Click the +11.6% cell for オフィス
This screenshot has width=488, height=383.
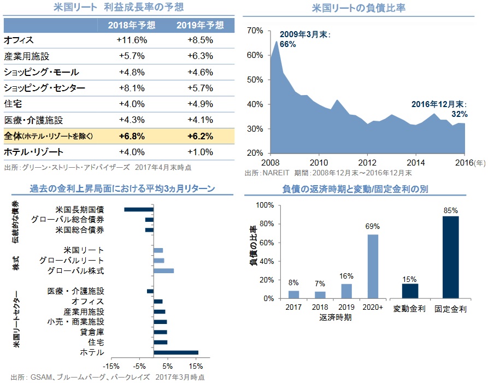tap(132, 40)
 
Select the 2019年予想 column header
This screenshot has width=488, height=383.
tap(200, 25)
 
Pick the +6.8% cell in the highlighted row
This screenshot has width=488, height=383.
tap(132, 135)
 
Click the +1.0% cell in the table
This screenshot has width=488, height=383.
tap(200, 152)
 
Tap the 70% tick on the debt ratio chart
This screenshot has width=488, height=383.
tap(255, 31)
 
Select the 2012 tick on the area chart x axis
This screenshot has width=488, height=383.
tap(368, 162)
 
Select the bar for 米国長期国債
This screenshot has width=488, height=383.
tap(139, 209)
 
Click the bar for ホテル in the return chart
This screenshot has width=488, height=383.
tap(175, 352)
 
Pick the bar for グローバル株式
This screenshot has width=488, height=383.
tap(163, 270)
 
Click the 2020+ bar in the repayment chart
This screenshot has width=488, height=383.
tap(372, 266)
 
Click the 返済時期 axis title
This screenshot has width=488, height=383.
tap(336, 317)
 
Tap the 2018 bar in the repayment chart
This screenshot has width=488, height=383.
tap(320, 295)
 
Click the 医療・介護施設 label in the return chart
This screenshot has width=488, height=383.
tap(75, 291)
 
